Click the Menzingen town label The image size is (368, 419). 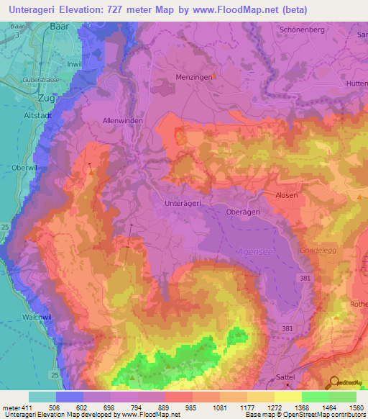coord(191,76)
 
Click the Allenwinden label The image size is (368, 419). coord(123,121)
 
